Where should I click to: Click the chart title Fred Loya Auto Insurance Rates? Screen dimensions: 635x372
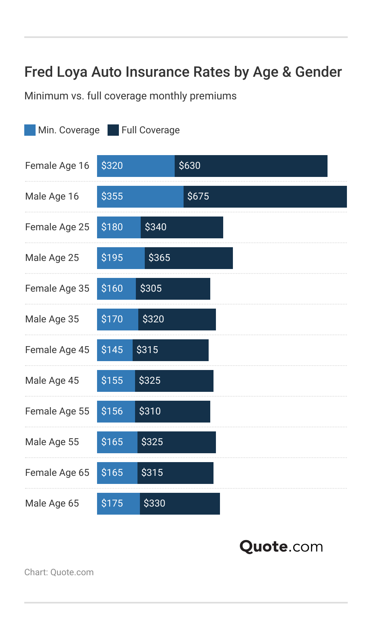[x=183, y=72]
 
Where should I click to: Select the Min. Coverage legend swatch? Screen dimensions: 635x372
[x=30, y=130]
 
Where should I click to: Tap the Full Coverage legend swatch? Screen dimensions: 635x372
[x=113, y=130]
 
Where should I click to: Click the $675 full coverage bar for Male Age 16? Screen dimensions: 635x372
[x=265, y=197]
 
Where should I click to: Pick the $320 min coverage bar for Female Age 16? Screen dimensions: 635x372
[x=135, y=166]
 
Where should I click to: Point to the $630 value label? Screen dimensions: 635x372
[x=190, y=166]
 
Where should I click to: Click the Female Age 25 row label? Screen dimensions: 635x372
[x=57, y=227]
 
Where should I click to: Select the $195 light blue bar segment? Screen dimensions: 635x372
[x=120, y=258]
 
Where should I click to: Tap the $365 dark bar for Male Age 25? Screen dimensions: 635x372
[x=188, y=258]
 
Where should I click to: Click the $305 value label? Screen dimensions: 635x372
[x=151, y=288]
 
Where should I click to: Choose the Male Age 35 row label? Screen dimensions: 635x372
[x=52, y=319]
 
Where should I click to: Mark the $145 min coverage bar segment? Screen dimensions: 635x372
[x=114, y=350]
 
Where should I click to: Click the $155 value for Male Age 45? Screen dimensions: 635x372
[x=112, y=381]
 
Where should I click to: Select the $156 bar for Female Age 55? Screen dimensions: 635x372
[x=116, y=412]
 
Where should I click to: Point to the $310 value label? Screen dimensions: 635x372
[x=150, y=411]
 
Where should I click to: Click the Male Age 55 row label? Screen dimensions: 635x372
[x=52, y=442]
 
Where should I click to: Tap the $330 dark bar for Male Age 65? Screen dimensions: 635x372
[x=180, y=504]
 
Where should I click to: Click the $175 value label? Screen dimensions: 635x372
[x=112, y=503]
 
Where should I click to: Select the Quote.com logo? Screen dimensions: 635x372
[x=281, y=547]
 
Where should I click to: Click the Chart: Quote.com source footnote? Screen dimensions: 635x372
[x=59, y=572]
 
